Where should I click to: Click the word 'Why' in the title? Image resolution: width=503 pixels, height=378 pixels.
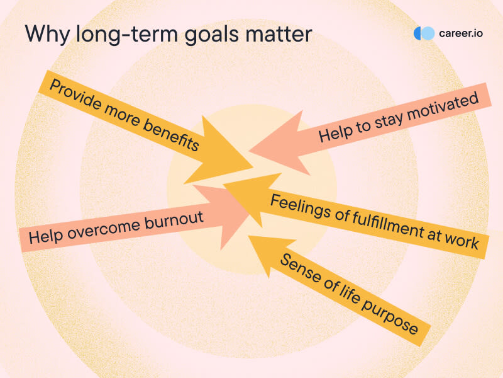pyautogui.click(x=47, y=35)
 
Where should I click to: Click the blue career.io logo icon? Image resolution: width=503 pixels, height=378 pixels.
pyautogui.click(x=424, y=33)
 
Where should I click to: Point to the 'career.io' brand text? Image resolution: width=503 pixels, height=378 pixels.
pyautogui.click(x=461, y=33)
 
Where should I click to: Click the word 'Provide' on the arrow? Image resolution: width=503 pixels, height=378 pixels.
pyautogui.click(x=76, y=94)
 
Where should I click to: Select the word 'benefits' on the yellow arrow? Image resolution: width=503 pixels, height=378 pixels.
pyautogui.click(x=171, y=135)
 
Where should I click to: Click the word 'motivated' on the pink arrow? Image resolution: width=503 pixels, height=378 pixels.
pyautogui.click(x=443, y=108)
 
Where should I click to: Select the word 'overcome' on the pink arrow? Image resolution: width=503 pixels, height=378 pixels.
pyautogui.click(x=103, y=229)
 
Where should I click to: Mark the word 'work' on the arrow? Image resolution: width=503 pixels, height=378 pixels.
pyautogui.click(x=462, y=240)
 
